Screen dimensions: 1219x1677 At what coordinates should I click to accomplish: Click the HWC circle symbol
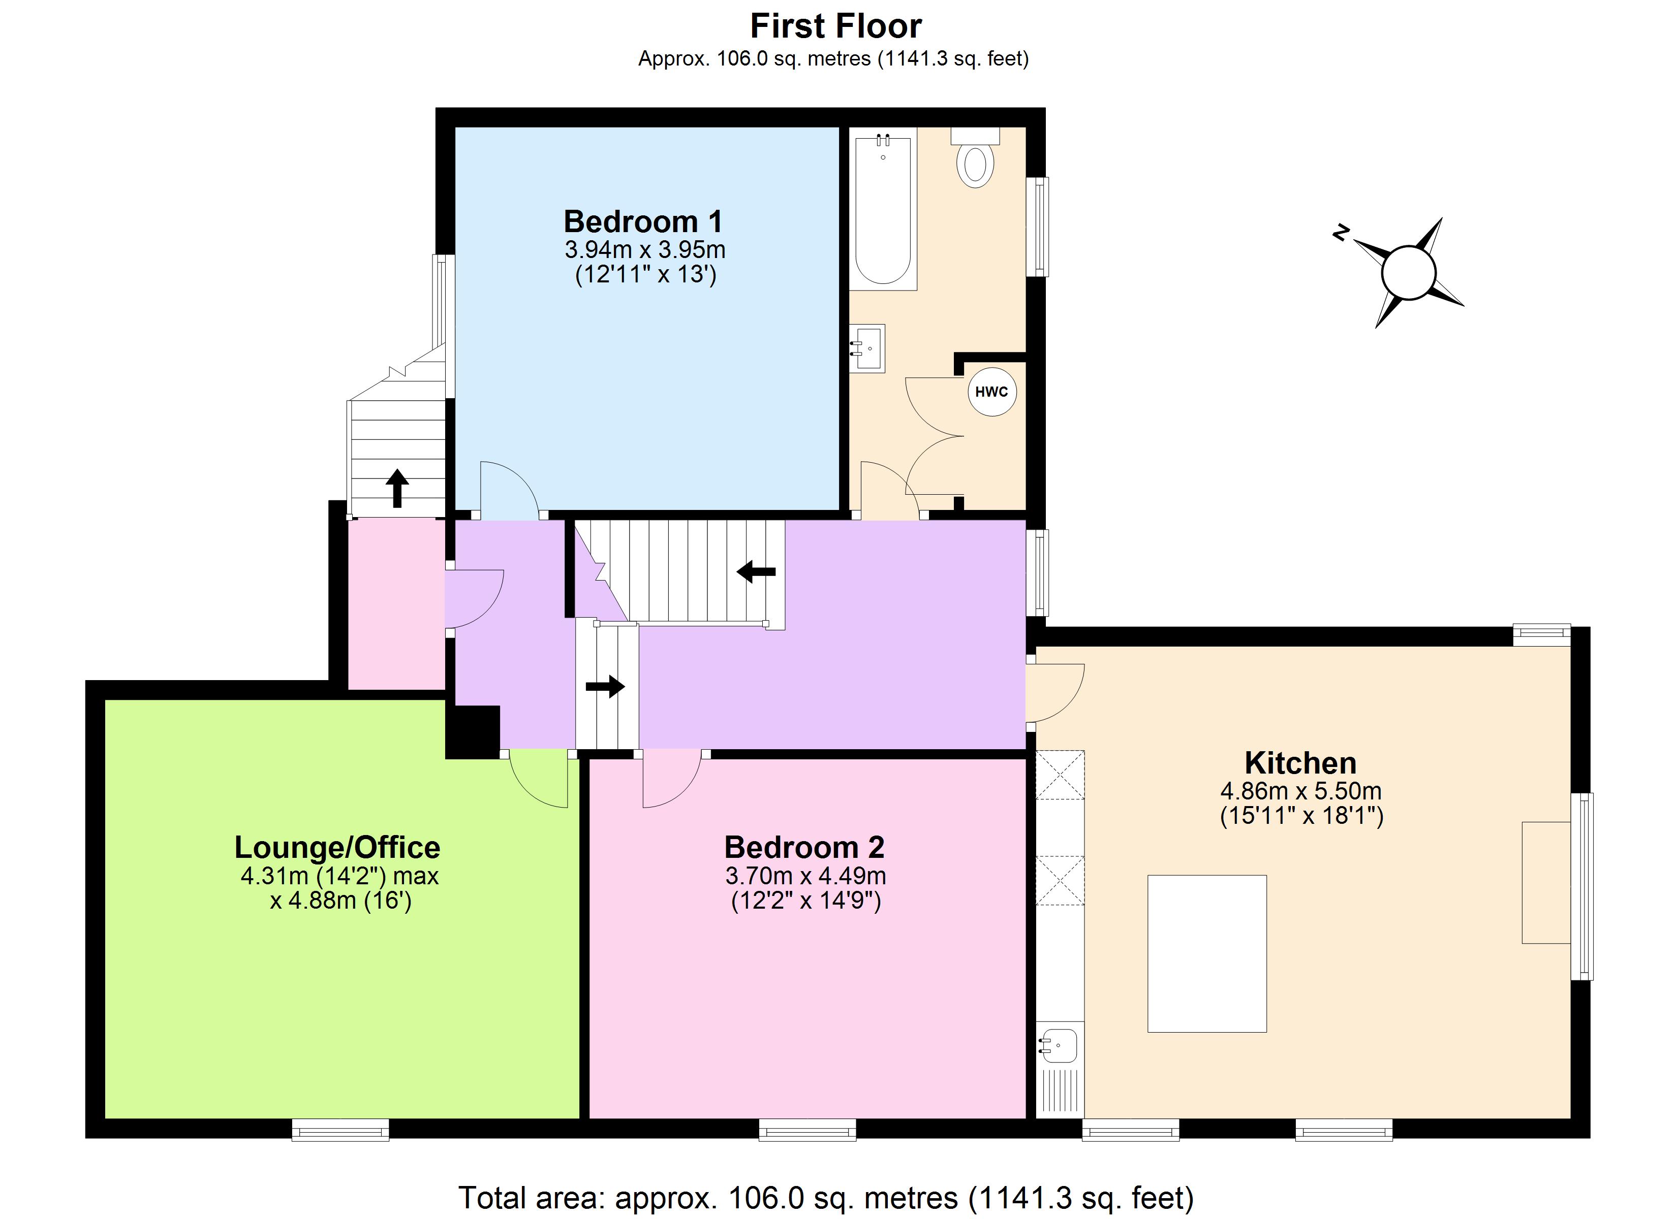pos(991,392)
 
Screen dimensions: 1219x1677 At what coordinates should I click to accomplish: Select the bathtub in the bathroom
pos(883,210)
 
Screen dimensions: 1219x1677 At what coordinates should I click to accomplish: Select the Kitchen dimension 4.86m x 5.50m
pos(1300,791)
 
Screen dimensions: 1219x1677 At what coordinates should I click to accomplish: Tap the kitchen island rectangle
pos(1207,954)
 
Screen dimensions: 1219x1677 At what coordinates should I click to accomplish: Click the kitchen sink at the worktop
pos(1059,1046)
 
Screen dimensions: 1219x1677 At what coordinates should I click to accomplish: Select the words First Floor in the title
pos(835,26)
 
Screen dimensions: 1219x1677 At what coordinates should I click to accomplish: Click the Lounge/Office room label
pos(337,847)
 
